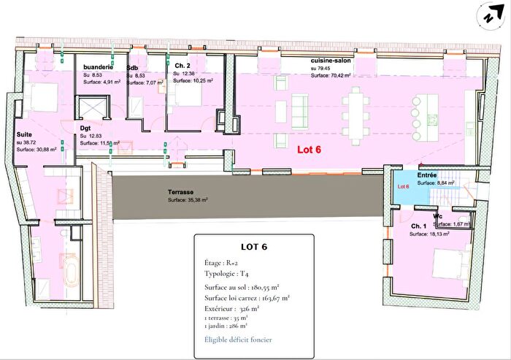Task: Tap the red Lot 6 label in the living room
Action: coord(309,148)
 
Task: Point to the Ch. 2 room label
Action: coord(182,65)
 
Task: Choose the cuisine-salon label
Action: coord(331,61)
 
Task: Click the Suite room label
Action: coord(26,134)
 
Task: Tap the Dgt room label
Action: coord(85,127)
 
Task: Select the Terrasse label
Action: coord(181,191)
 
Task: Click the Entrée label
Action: coord(427,175)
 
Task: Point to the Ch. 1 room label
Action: coord(418,226)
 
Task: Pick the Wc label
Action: coord(437,216)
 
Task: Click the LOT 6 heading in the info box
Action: coord(253,246)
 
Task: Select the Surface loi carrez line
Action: coord(247,297)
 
